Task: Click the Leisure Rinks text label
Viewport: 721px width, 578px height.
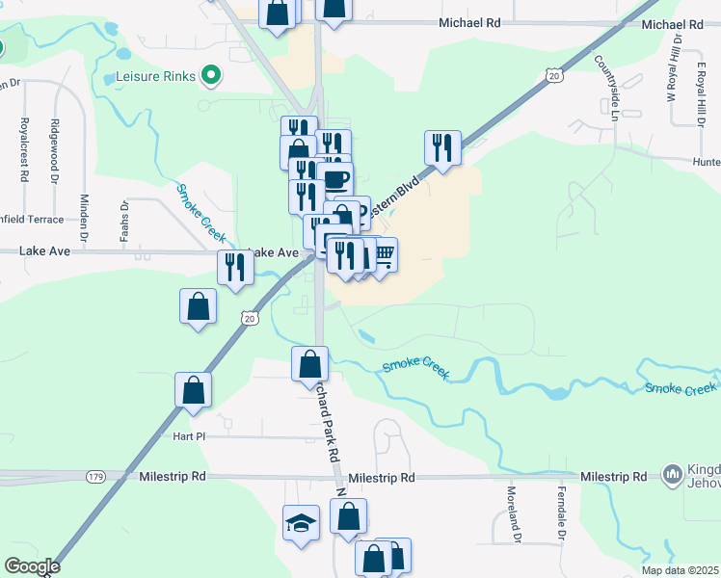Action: pyautogui.click(x=154, y=75)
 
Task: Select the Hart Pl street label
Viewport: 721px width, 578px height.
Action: pyautogui.click(x=191, y=436)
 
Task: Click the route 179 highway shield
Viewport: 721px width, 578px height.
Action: pyautogui.click(x=95, y=477)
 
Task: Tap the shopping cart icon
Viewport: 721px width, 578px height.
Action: pyautogui.click(x=383, y=255)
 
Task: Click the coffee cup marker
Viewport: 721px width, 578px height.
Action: pyautogui.click(x=336, y=179)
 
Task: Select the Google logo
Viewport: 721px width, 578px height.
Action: pyautogui.click(x=31, y=566)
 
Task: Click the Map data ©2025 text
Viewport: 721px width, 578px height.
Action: pyautogui.click(x=681, y=570)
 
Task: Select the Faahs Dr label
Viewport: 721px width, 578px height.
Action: pyautogui.click(x=124, y=220)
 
